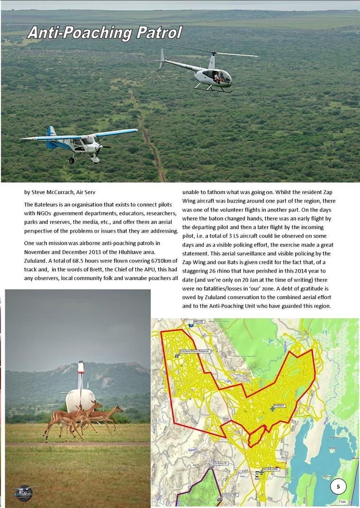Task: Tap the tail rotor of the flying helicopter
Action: click(162, 57)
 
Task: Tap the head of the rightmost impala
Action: click(118, 408)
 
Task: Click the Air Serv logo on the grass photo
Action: click(24, 492)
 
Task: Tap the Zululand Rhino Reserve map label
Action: click(195, 351)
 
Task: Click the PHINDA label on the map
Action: click(280, 406)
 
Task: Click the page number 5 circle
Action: click(338, 486)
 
